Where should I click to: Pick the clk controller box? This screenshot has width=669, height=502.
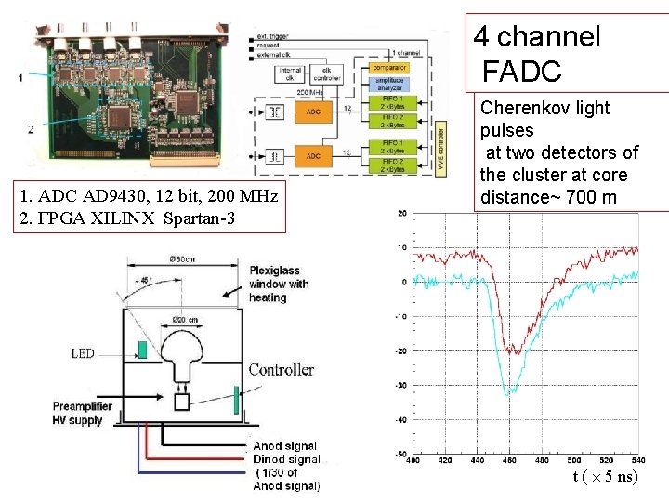(328, 73)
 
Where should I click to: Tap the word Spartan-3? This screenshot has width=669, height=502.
(204, 218)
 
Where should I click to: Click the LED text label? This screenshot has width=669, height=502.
(83, 353)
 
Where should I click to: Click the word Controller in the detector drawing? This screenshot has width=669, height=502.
(281, 369)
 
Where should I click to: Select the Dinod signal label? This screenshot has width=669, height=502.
(285, 459)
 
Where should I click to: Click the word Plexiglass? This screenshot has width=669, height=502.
(276, 271)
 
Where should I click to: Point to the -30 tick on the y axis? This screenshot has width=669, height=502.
(402, 385)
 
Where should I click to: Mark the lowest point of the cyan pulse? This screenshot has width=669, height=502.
(507, 395)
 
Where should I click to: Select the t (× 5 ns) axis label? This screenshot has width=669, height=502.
(606, 477)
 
